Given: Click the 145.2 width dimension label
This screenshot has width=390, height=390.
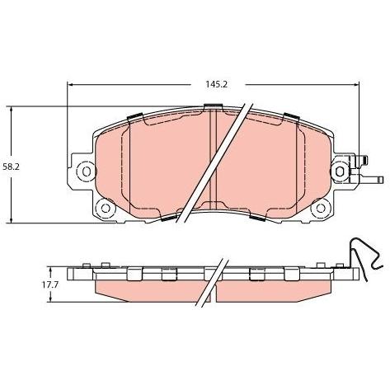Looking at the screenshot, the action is click(217, 84).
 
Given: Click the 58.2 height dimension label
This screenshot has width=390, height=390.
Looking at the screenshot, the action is click(12, 167).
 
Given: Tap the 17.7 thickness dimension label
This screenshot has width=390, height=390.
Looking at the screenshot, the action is click(49, 285).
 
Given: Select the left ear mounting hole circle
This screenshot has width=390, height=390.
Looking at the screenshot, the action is click(86, 172).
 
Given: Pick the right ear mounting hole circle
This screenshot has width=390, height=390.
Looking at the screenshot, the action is click(340, 172).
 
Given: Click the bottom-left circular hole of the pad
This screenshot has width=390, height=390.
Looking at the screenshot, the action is click(106, 208).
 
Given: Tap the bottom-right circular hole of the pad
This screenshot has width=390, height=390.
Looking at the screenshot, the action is click(321, 208).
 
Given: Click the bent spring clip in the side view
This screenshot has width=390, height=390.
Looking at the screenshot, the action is click(366, 257).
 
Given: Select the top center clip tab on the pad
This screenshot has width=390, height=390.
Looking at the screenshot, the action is click(213, 106).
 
